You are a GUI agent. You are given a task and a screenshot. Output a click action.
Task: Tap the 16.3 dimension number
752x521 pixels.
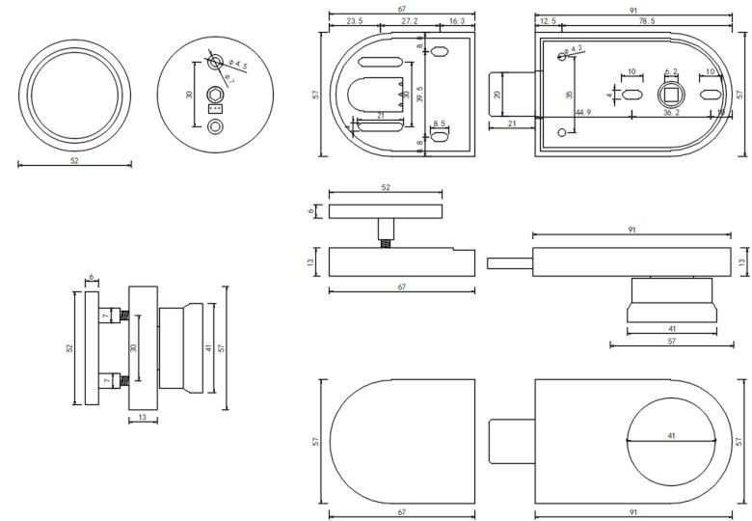[x=456, y=20]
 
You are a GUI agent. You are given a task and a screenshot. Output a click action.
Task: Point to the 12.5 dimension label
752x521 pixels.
[x=548, y=20]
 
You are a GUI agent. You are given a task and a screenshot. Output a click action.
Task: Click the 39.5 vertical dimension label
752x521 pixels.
[x=418, y=96]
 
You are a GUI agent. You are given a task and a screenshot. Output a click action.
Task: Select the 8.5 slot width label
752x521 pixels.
[x=440, y=123]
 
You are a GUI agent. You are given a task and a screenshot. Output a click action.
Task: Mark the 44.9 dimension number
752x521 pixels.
[x=582, y=113]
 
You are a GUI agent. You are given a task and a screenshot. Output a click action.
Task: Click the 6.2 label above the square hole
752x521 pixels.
[x=671, y=71]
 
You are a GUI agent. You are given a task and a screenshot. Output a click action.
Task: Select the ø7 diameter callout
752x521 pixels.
[x=228, y=75]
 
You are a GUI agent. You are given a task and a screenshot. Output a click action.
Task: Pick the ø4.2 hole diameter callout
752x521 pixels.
[x=575, y=48]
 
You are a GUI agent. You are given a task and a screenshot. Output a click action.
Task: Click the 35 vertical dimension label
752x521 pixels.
[x=570, y=96]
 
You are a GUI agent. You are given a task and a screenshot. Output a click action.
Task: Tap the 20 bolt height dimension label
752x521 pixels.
[x=497, y=96]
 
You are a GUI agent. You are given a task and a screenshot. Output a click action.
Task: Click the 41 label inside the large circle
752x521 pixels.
[x=670, y=436]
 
